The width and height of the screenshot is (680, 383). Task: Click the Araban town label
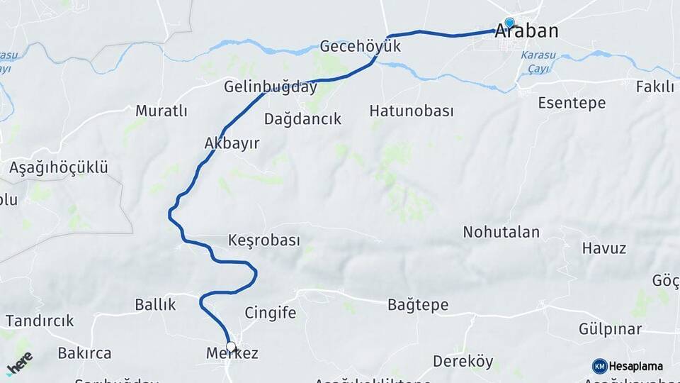[526, 31]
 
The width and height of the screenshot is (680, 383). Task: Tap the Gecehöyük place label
[361, 47]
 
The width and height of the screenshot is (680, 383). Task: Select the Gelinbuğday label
[270, 87]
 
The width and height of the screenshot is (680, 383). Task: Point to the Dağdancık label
[302, 119]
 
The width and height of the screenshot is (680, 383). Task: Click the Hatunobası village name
[412, 111]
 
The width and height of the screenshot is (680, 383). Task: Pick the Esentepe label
[572, 103]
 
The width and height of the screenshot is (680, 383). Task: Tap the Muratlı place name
[161, 111]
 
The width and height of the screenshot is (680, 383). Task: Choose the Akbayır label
[232, 143]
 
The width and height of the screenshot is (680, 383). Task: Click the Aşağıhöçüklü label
[59, 168]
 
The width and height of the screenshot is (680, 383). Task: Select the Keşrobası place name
[264, 240]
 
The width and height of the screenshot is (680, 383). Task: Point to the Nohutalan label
[501, 232]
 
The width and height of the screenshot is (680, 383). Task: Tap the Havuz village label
[603, 248]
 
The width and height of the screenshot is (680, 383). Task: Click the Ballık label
[155, 304]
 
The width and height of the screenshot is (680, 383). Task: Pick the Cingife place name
[270, 313]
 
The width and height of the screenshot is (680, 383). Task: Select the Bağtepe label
[418, 305]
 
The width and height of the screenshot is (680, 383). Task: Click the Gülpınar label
[610, 329]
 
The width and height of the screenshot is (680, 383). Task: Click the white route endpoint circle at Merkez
[230, 347]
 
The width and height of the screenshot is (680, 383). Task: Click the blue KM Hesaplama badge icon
[599, 366]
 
